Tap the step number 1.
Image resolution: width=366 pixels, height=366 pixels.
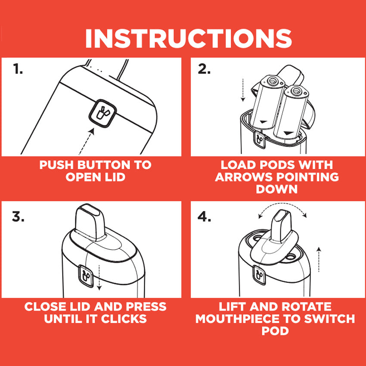18,69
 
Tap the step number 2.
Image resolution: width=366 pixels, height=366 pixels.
204,69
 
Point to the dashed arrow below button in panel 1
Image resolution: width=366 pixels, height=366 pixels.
86,140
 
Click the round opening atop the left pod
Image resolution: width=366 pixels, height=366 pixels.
272,81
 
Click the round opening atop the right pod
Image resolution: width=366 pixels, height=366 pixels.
296,91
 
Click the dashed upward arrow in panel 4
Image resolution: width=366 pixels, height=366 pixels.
318,260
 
